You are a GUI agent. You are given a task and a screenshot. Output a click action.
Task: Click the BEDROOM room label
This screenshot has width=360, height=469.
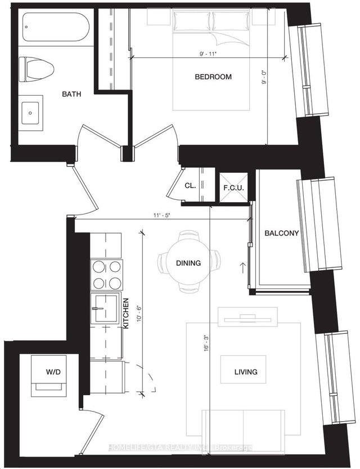click(213, 77)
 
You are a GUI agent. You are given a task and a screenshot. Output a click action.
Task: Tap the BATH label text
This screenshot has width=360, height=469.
click(71, 94)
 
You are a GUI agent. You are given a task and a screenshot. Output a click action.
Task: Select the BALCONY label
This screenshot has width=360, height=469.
click(281, 233)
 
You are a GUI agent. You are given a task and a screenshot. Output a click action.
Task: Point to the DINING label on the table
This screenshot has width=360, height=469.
click(188, 263)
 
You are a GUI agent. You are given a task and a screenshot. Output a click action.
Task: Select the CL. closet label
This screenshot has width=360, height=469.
click(190, 186)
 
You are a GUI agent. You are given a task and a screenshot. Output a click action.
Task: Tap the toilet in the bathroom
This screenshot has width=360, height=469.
click(35, 69)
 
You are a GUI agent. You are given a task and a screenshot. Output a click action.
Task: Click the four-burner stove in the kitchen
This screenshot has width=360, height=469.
click(106, 275)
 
